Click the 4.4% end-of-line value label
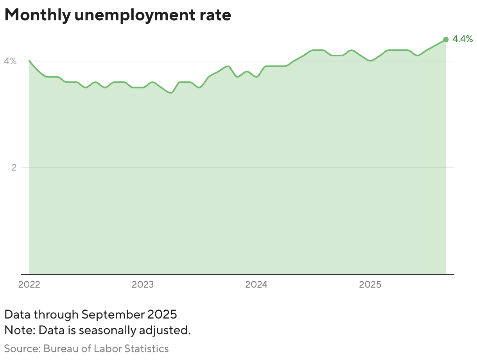coord(463,39)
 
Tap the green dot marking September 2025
coord(446,40)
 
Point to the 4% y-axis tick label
coord(10,61)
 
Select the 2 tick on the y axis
coord(14,167)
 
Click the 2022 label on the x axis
coord(29,284)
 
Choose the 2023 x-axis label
coord(143,284)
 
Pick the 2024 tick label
coord(256,284)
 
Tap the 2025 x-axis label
coord(370,284)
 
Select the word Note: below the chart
coord(20,330)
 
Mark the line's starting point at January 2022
coord(29,61)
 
